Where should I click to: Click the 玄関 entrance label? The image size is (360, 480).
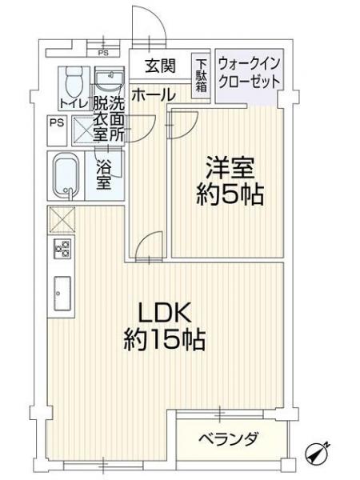[160, 66]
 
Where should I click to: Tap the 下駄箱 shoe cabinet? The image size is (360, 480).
[201, 76]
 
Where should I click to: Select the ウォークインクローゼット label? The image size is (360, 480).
[249, 73]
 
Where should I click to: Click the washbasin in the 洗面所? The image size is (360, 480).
[110, 78]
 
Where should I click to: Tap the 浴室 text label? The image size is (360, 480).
[103, 174]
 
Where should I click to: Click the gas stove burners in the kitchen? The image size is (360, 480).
[62, 248]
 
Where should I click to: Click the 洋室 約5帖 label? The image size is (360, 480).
[230, 181]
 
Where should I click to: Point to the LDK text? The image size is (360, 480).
[164, 313]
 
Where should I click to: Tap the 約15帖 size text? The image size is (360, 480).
[164, 339]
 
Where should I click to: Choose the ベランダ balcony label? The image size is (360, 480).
[228, 439]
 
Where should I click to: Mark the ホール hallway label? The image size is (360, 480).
[154, 94]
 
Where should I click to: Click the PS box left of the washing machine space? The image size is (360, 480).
[57, 130]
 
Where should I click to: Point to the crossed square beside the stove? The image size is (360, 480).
[62, 219]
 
